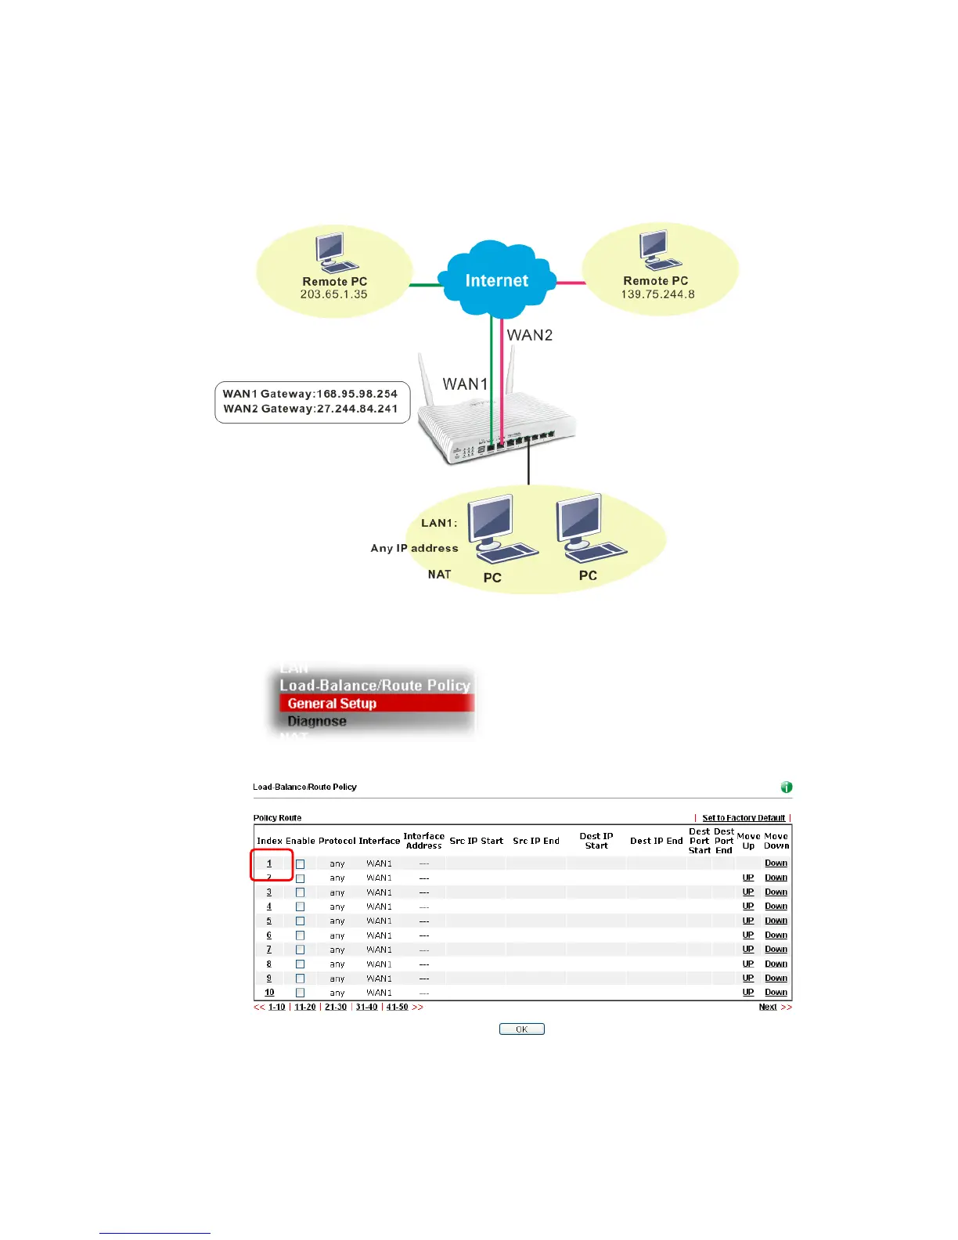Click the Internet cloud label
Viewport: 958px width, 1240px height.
point(496,281)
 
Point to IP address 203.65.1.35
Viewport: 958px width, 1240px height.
point(333,295)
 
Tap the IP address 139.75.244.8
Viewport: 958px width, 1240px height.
point(657,295)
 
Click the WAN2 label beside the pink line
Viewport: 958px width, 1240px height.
point(530,336)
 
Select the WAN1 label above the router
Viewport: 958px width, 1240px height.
point(465,384)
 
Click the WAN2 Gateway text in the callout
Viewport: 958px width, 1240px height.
point(311,409)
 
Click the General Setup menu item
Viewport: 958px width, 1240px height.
point(332,704)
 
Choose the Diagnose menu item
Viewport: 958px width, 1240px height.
point(317,722)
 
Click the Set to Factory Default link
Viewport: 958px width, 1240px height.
point(744,818)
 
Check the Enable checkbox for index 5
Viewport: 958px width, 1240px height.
point(300,921)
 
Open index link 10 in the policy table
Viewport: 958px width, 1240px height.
point(269,993)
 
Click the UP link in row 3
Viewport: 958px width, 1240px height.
point(748,892)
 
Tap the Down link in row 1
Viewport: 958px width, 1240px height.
point(776,863)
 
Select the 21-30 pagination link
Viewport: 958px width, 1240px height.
point(336,1008)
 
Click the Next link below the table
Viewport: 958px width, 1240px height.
point(768,1008)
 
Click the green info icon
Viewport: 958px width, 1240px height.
point(787,788)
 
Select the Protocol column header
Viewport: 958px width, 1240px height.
point(337,842)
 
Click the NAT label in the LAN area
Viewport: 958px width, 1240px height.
point(439,575)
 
